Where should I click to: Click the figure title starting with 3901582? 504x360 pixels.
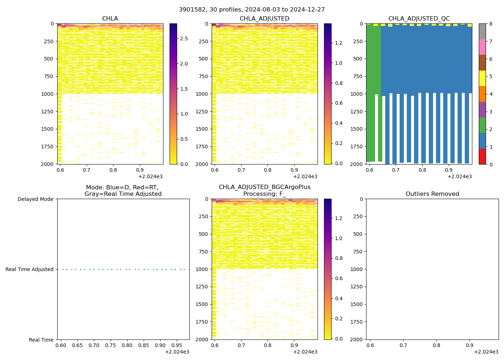pos(252,10)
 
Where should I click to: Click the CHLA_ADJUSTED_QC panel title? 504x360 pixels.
pos(419,19)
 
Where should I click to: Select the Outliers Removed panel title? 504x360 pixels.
pos(432,194)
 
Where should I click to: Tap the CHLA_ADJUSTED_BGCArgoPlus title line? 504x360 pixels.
pos(265,187)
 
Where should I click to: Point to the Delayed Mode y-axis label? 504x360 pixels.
pos(35,199)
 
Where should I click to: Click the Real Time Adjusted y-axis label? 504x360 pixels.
pos(30,269)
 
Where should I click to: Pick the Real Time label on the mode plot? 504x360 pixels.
pos(41,340)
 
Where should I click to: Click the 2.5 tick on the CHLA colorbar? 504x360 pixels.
pos(184,39)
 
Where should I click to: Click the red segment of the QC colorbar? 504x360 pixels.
pos(482,157)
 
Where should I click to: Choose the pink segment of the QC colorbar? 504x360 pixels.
pos(482,47)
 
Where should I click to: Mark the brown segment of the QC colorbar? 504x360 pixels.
pos(482,63)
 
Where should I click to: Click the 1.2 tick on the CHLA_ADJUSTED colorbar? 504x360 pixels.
pos(338,43)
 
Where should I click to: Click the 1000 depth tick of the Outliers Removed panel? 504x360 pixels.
pos(359,269)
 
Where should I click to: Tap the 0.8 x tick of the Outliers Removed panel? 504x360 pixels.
pos(436,345)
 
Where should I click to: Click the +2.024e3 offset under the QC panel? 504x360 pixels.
pos(460,176)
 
